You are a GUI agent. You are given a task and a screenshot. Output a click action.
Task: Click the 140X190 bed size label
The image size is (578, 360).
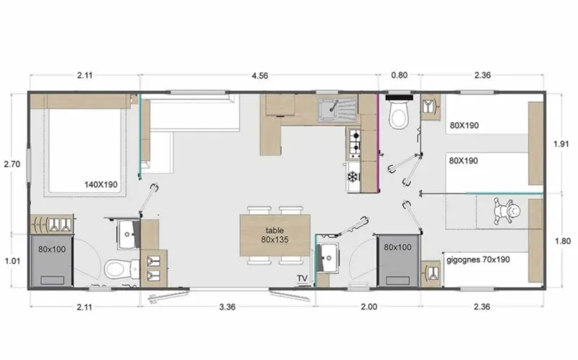click(x=101, y=185)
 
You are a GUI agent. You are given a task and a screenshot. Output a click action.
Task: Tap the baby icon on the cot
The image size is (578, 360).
click(x=512, y=212)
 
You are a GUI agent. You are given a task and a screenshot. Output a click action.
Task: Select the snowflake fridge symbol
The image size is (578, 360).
click(x=354, y=176)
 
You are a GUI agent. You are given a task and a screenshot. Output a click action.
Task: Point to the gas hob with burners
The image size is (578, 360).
click(x=355, y=143)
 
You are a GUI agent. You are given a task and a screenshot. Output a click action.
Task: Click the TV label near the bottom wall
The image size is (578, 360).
click(x=301, y=278)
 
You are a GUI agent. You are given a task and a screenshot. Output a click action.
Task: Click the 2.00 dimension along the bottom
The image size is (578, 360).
click(x=368, y=307)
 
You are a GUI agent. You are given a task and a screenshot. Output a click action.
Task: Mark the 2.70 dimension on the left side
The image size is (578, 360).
click(x=12, y=164)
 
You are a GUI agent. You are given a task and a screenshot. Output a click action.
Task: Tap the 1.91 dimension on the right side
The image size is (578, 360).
click(x=562, y=143)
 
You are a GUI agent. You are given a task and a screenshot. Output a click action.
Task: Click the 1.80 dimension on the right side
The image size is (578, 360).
click(x=562, y=241)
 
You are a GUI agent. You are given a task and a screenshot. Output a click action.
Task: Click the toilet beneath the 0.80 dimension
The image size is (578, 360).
click(x=398, y=114)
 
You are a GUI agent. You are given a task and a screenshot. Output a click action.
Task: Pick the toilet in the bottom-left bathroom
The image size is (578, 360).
click(x=116, y=270)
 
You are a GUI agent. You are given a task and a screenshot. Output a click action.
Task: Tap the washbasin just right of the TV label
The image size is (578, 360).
click(x=329, y=254)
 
